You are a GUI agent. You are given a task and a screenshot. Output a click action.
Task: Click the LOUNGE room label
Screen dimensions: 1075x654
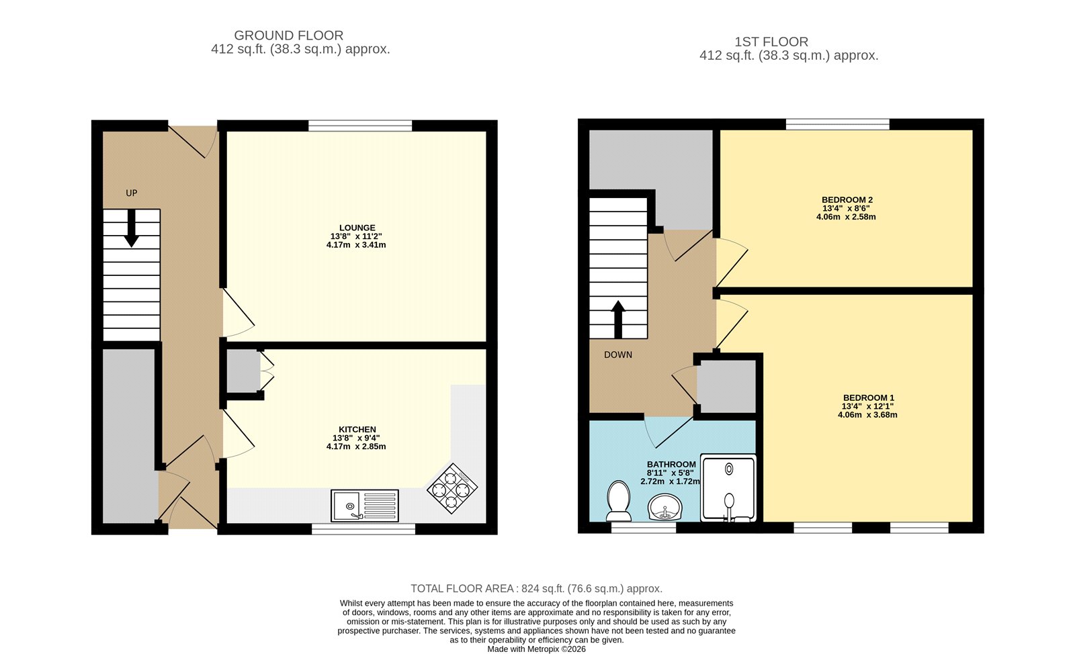tap(357, 228)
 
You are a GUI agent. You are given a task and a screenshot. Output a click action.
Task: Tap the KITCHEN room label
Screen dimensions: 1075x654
tap(357, 430)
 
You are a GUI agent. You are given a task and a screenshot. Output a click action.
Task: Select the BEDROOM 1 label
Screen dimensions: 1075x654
tap(869, 398)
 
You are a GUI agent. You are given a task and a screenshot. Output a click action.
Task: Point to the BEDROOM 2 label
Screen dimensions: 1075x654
tap(847, 200)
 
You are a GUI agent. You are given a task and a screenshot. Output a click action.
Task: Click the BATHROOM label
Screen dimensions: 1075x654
tap(671, 465)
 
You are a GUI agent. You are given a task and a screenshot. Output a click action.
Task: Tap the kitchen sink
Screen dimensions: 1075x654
tap(365, 506)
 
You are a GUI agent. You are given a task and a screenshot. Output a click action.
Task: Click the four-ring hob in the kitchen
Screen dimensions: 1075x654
tap(452, 489)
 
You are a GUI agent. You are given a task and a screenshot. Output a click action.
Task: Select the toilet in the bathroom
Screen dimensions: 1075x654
tap(619, 501)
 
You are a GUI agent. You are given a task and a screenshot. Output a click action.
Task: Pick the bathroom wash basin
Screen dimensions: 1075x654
tap(665, 507)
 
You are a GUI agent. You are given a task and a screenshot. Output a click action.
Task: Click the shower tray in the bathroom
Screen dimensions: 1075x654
tap(728, 487)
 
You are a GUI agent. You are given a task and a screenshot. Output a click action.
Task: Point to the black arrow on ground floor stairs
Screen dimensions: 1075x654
tap(131, 229)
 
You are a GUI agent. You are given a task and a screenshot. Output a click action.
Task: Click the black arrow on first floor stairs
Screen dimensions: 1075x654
tap(618, 320)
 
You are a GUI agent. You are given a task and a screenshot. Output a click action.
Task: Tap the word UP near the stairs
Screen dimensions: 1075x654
tap(131, 193)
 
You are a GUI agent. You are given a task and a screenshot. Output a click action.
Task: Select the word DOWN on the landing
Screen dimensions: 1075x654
tap(618, 355)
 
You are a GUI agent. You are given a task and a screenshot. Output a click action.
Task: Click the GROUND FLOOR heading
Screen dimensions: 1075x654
tap(288, 36)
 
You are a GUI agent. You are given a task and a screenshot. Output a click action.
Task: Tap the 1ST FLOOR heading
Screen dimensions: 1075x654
tap(771, 42)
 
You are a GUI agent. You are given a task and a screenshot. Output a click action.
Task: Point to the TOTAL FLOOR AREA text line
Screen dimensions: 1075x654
tap(537, 588)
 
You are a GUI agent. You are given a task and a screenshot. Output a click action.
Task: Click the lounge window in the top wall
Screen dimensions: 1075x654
tap(360, 126)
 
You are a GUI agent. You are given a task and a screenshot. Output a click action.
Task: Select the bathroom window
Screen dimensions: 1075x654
tap(643, 527)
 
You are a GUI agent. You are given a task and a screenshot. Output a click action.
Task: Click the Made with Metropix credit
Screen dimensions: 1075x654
tap(537, 649)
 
